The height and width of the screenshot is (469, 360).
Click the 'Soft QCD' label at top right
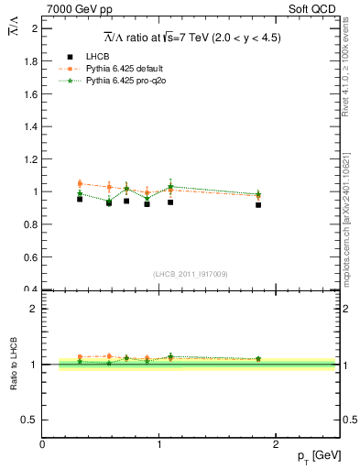(x=316, y=10)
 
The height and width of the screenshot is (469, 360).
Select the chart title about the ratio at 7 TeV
(x=191, y=37)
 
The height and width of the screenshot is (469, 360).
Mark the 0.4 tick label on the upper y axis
(x=31, y=289)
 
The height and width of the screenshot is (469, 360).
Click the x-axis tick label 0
(x=42, y=445)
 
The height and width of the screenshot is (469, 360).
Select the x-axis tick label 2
(x=279, y=445)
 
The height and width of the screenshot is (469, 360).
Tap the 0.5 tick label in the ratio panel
(x=29, y=420)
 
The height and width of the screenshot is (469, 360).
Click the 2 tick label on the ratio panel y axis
(x=34, y=309)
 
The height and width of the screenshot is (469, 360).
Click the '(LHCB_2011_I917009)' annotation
(x=191, y=274)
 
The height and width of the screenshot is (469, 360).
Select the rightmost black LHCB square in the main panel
(x=258, y=205)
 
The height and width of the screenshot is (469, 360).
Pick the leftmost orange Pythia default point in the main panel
(x=80, y=184)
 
